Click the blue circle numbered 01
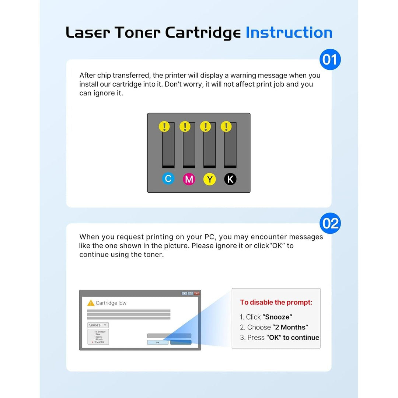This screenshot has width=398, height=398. pyautogui.click(x=330, y=59)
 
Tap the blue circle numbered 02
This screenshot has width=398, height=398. pyautogui.click(x=330, y=223)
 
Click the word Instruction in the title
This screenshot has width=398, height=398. pyautogui.click(x=289, y=33)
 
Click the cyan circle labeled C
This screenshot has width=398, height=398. pyautogui.click(x=168, y=179)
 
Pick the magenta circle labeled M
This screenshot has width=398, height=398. pyautogui.click(x=189, y=179)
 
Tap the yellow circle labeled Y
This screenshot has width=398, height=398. pyautogui.click(x=209, y=179)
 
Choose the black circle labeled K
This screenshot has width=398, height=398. pyautogui.click(x=230, y=179)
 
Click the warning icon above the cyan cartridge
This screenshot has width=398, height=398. pyautogui.click(x=164, y=127)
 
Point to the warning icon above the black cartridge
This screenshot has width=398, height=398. pyautogui.click(x=226, y=127)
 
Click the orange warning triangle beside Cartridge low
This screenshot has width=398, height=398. pyautogui.click(x=91, y=303)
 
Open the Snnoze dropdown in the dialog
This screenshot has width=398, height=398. pyautogui.click(x=98, y=325)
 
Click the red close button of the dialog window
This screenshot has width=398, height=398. pyautogui.click(x=197, y=293)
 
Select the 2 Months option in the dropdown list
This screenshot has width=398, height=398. pyautogui.click(x=99, y=342)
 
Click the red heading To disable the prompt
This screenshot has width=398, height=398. pyautogui.click(x=276, y=303)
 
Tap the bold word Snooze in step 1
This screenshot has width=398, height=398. pyautogui.click(x=277, y=317)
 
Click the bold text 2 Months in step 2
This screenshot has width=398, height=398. pyautogui.click(x=290, y=327)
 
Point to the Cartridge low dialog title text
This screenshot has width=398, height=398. pyautogui.click(x=111, y=303)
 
